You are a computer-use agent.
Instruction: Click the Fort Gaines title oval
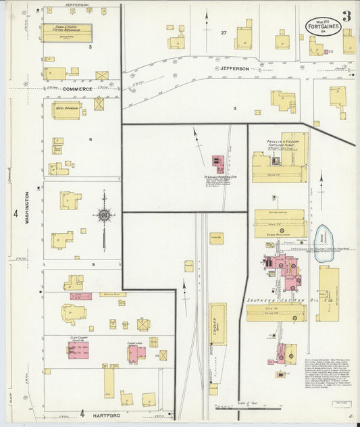click(322, 26)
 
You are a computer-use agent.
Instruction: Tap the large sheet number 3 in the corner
click(346, 16)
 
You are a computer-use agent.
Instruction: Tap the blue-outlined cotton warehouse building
click(68, 31)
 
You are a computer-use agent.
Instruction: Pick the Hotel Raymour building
click(66, 109)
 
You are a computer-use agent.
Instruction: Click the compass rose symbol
click(105, 216)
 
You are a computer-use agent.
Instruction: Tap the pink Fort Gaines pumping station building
click(219, 164)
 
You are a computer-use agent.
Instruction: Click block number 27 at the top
click(224, 32)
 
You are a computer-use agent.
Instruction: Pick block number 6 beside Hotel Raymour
click(90, 139)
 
